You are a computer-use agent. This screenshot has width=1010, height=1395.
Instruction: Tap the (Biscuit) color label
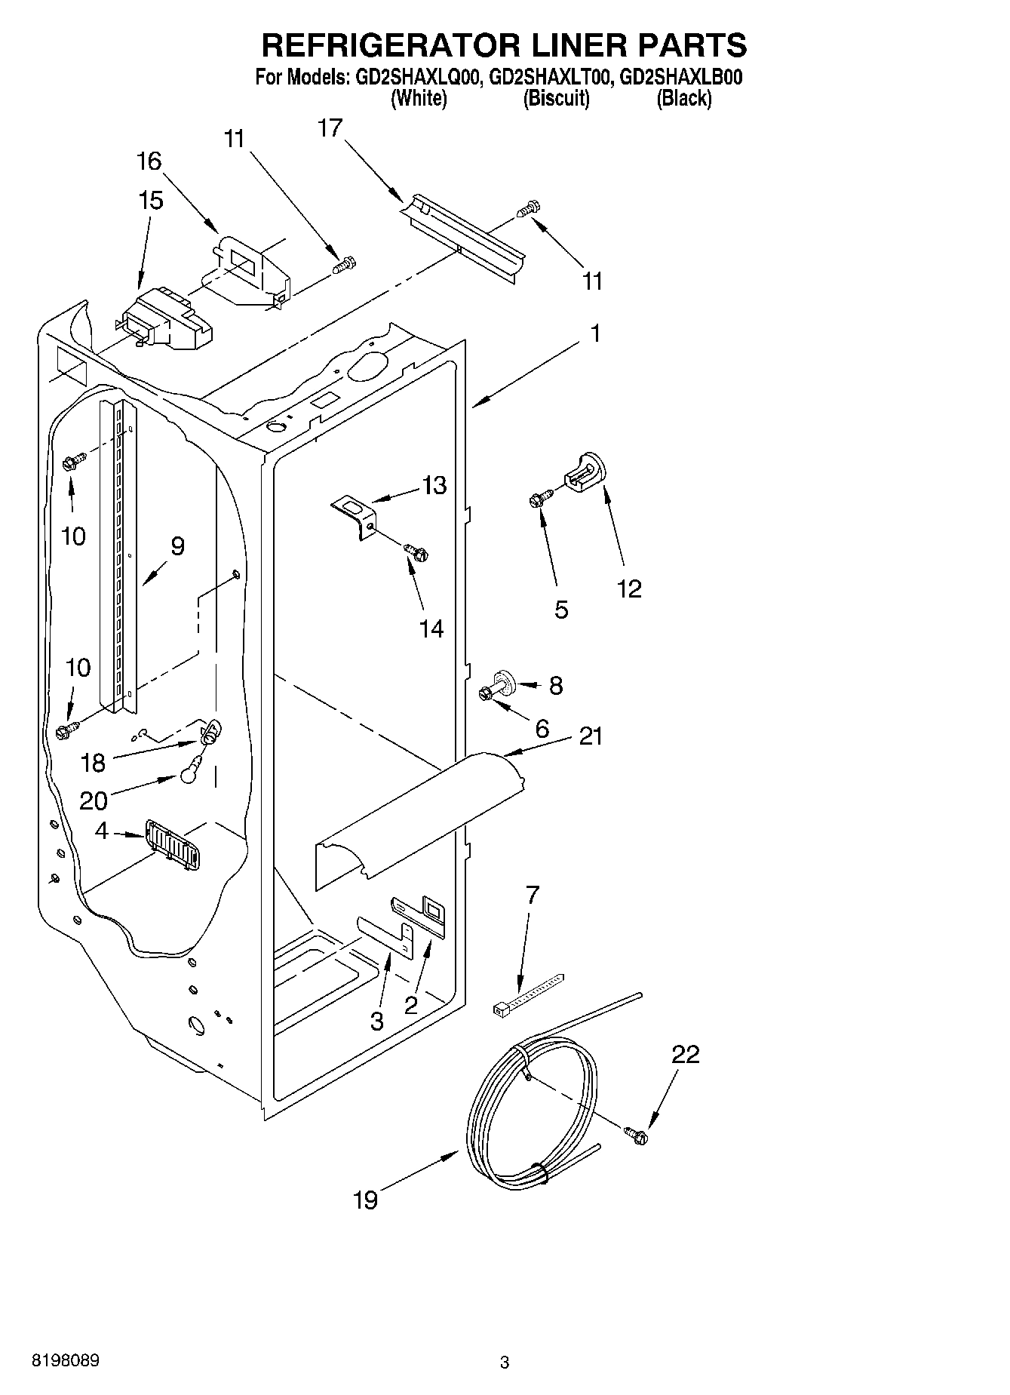point(557,98)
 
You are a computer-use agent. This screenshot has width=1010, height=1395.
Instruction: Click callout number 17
point(330,129)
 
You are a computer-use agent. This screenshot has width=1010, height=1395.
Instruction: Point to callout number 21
point(590,736)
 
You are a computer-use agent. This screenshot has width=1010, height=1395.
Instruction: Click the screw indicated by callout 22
point(636,1133)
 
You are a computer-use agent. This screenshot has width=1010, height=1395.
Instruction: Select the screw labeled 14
point(416,552)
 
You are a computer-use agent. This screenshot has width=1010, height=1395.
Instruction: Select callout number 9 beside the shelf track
point(177,546)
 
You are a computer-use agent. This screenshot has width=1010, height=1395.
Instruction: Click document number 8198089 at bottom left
point(64,1360)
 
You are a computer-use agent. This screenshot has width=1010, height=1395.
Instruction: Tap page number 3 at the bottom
point(505,1363)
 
